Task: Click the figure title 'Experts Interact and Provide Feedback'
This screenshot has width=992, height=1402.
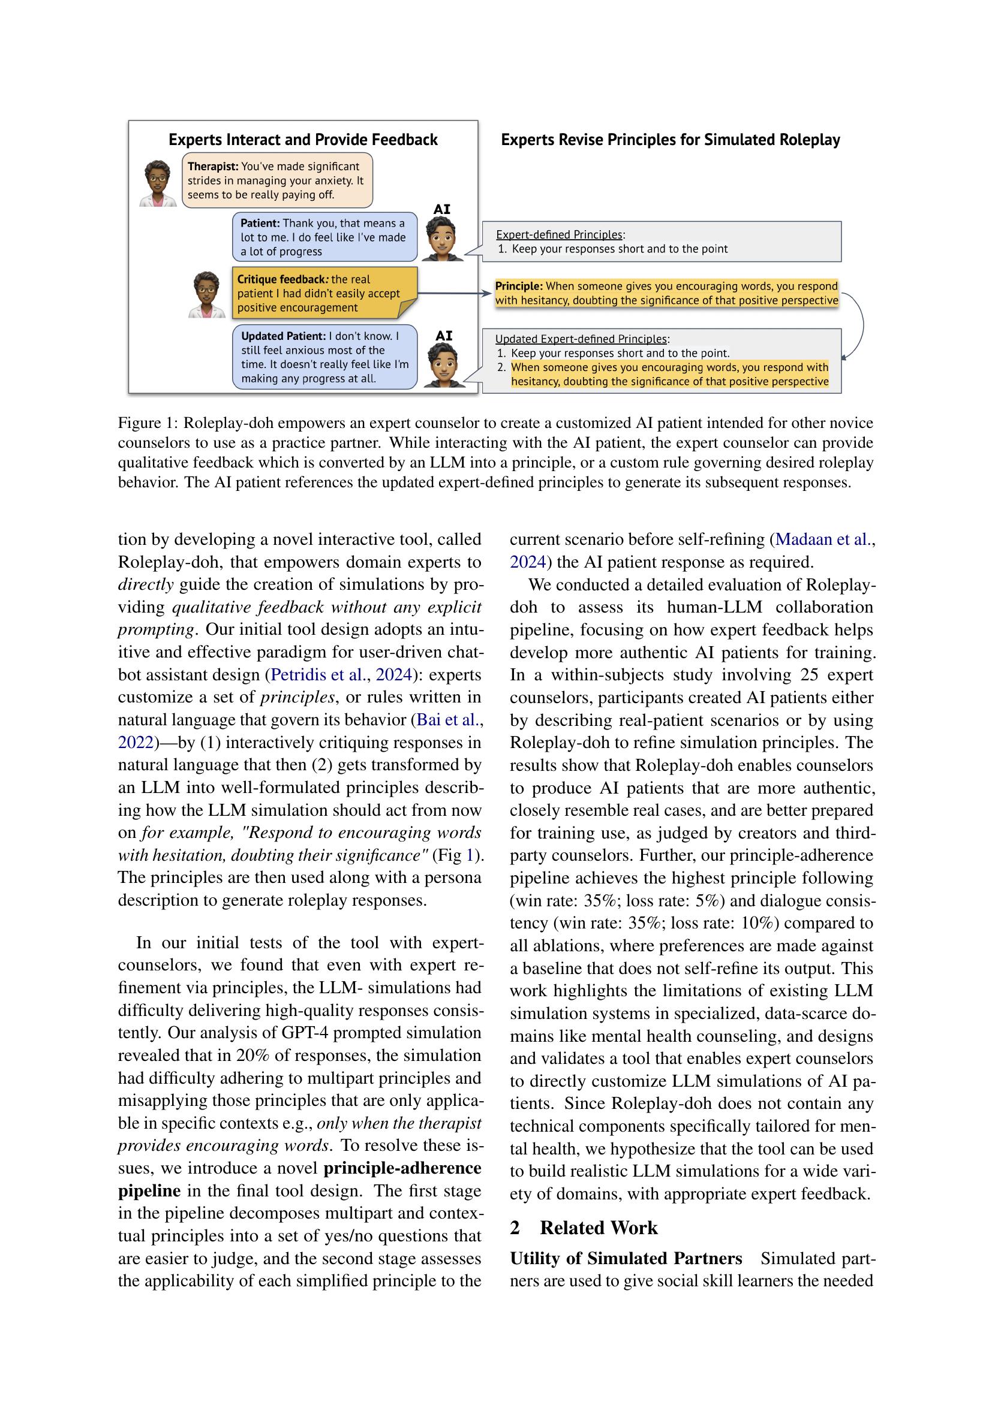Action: point(303,140)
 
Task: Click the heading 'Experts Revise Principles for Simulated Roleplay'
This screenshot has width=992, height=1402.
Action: point(670,140)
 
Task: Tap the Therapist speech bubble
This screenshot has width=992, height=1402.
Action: point(276,181)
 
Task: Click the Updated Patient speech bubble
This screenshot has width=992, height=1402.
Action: point(324,357)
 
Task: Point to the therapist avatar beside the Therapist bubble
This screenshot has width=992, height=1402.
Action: point(158,184)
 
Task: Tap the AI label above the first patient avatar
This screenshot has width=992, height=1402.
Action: point(441,209)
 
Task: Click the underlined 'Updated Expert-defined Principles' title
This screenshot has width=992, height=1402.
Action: point(581,339)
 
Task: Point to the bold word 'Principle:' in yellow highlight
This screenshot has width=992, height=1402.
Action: point(518,286)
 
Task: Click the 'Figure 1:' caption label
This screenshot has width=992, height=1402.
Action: point(148,423)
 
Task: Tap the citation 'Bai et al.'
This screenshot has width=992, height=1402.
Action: point(447,720)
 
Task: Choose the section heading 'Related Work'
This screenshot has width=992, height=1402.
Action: point(598,1228)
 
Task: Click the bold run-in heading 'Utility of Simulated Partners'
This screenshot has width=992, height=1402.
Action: point(626,1259)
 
